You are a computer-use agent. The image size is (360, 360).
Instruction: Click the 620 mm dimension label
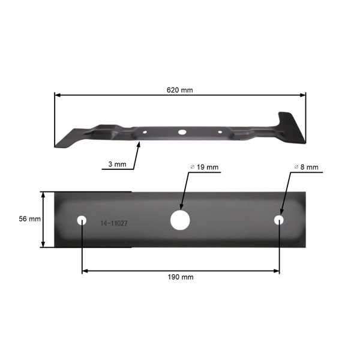coord(179,90)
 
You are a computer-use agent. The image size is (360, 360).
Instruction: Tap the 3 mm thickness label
coord(117,164)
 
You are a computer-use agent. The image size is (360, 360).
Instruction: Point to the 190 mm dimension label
coord(180,277)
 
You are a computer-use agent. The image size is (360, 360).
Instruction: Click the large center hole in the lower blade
coord(179,220)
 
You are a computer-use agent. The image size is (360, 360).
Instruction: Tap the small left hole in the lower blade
coord(82,220)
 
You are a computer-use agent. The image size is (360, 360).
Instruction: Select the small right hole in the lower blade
coord(279,220)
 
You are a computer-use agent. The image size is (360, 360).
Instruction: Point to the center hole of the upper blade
coord(181,130)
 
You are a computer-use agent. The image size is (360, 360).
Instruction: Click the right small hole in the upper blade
coord(220,131)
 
